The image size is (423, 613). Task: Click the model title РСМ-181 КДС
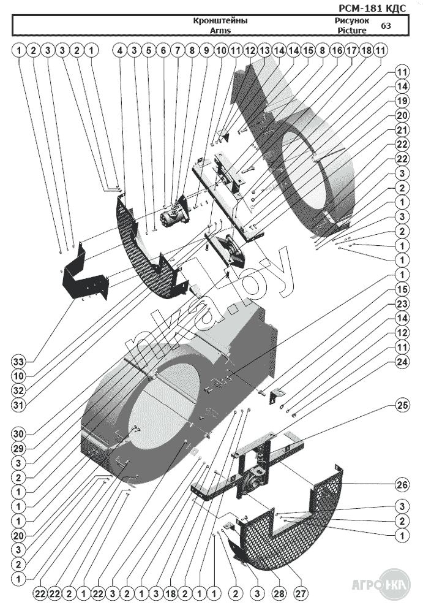point(372,8)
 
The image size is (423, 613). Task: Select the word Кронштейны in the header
point(220,21)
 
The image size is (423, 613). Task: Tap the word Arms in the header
point(220,30)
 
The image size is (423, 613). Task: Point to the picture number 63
point(386,26)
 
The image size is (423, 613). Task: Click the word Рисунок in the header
point(352,20)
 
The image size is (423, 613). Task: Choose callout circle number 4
point(120,50)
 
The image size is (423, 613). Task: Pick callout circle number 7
point(178,50)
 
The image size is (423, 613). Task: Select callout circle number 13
point(264,50)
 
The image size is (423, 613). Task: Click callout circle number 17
point(351,50)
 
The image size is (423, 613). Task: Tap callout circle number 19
point(402,101)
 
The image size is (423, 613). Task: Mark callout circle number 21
point(402,129)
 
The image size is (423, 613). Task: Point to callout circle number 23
point(402,304)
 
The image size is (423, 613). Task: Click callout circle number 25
point(402,405)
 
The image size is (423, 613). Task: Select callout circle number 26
point(402,485)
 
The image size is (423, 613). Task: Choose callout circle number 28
point(279,593)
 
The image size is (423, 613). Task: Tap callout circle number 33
point(18,362)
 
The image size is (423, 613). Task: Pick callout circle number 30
point(18,434)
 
